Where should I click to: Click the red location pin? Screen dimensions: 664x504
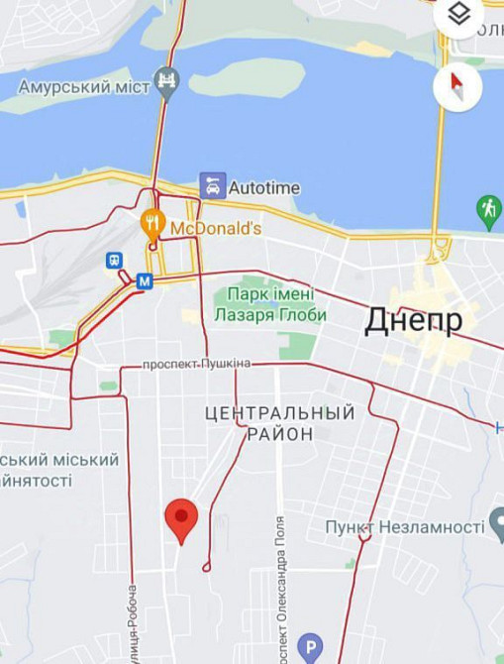(x=180, y=517)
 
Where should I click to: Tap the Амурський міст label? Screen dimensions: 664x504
(x=84, y=86)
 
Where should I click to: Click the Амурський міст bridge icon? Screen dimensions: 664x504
(x=167, y=85)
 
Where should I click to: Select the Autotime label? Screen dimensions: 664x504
(x=263, y=187)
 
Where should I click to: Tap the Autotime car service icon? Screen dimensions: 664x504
(x=212, y=186)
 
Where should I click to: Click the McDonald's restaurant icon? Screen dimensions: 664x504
(x=151, y=221)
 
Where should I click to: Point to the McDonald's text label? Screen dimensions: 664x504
(x=216, y=229)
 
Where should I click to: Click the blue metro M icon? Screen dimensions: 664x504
(x=145, y=280)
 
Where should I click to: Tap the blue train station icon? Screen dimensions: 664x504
(x=115, y=261)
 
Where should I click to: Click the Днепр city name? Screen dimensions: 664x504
(x=413, y=320)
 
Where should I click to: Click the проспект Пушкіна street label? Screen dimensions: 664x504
(x=197, y=364)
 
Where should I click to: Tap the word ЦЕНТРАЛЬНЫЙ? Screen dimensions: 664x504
(x=279, y=411)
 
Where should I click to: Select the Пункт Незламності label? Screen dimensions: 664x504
(x=404, y=526)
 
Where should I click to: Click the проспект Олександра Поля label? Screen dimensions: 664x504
(x=280, y=589)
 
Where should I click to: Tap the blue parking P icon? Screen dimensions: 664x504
(x=310, y=647)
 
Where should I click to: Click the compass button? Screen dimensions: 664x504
(x=457, y=85)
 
